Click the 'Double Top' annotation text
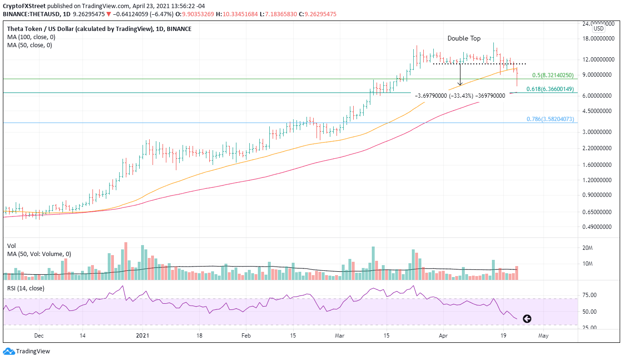coord(464,39)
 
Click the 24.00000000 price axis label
coord(598,23)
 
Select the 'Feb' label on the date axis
coord(245,336)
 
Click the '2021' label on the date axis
coord(143,336)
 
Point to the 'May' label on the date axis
coord(543,336)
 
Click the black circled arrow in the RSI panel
coord(527,319)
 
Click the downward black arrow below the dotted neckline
coord(460,76)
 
